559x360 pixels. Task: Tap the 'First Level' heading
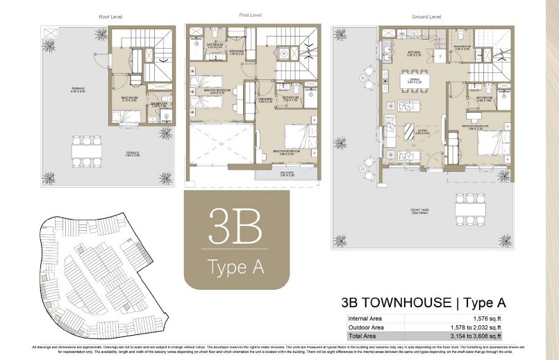point(249,15)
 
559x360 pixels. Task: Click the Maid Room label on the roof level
point(128,99)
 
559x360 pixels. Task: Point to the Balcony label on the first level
point(287,173)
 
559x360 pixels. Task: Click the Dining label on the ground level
point(414,81)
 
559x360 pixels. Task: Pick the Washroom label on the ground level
point(463,48)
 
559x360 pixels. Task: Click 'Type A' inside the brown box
point(235,267)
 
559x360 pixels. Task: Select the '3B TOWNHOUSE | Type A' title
point(423,303)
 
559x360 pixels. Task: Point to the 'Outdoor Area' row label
point(366,326)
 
